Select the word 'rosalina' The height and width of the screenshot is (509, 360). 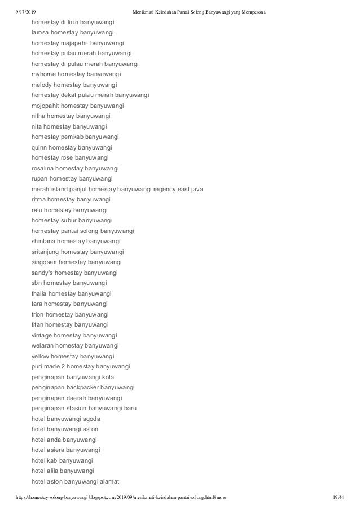point(45,168)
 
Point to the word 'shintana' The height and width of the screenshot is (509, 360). point(47,241)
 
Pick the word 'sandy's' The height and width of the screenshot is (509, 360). point(43,272)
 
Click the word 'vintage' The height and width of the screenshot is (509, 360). point(44,335)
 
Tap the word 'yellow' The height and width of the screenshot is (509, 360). point(42,356)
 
